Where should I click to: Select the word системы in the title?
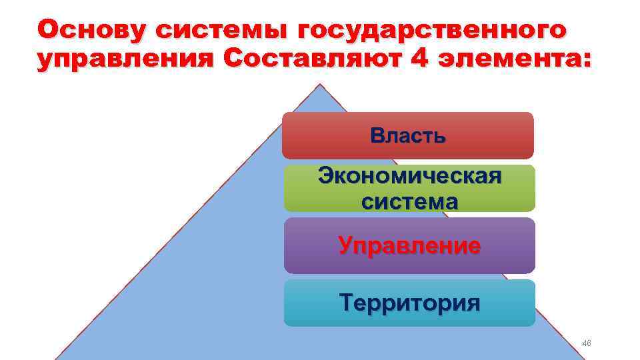point(221,30)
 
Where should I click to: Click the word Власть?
point(408,136)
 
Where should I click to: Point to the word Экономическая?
point(409,177)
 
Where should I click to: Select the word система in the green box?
point(409,201)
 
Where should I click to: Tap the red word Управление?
point(409,246)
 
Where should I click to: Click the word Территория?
point(409,303)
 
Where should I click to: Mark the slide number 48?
point(587,343)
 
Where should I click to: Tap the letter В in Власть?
point(378,136)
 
